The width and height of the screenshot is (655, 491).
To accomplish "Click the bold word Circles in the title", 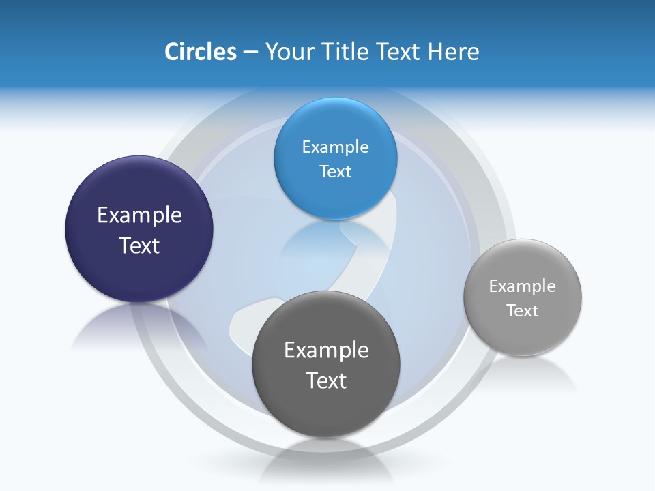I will coord(200,52).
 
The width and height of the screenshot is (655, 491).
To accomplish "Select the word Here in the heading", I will coord(454,52).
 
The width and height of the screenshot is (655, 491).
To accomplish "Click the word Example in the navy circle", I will coord(139,215).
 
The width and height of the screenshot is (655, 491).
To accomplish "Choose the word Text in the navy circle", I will coord(139,245).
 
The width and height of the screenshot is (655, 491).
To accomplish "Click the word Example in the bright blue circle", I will coord(335,147).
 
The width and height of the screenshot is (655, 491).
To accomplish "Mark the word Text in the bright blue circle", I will coord(335,171).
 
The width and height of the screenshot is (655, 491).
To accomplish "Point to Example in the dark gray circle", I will coord(326,351).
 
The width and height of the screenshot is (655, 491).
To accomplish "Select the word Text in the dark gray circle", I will coord(326,381).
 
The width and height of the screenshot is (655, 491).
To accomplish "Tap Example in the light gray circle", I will coord(523,286).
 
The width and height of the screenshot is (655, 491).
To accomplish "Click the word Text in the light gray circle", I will coord(523,310).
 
